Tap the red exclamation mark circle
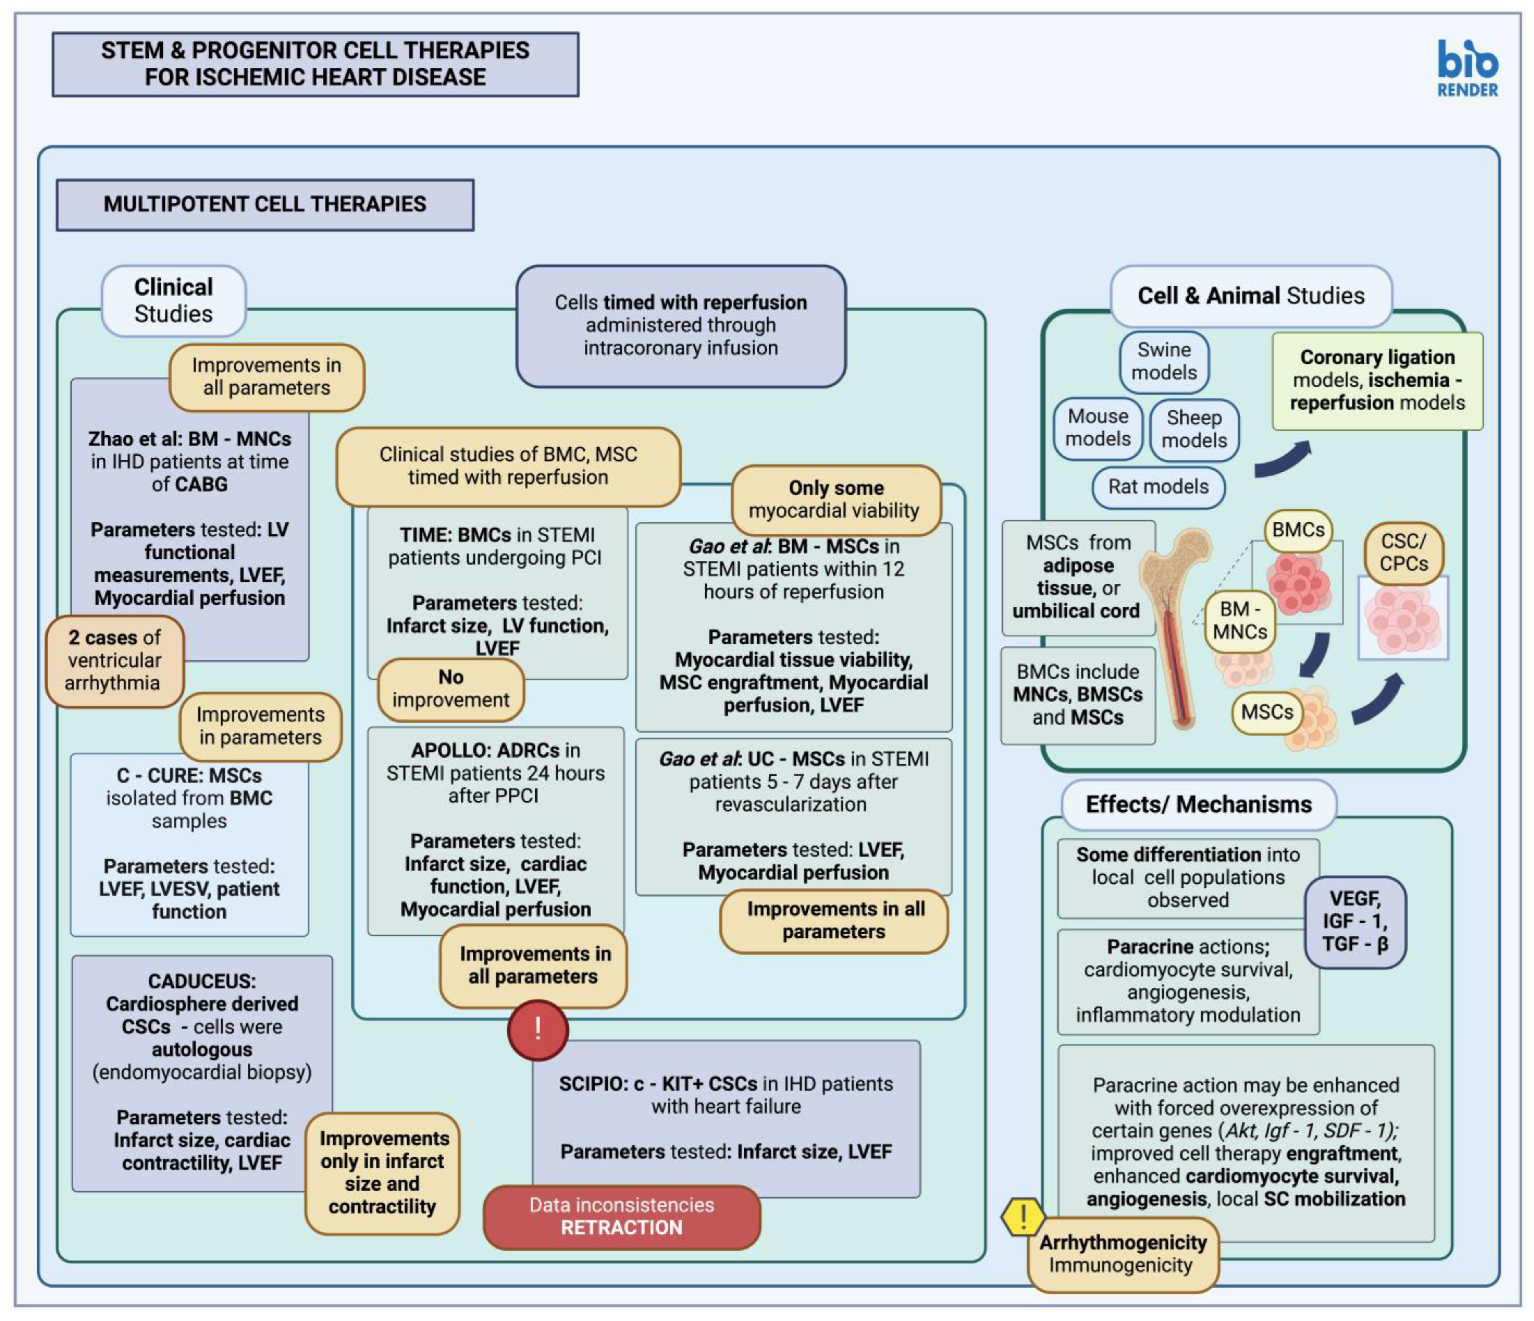coord(538,1029)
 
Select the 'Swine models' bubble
coord(1164,361)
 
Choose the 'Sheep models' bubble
coord(1194,429)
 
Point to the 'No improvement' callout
coord(451,689)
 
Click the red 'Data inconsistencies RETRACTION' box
coord(622,1217)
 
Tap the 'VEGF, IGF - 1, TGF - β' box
coord(1355,922)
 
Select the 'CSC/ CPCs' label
coord(1404,553)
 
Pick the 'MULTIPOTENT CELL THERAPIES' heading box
coord(265,204)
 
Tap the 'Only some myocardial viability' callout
coord(836,499)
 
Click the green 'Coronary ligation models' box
coord(1377,381)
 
